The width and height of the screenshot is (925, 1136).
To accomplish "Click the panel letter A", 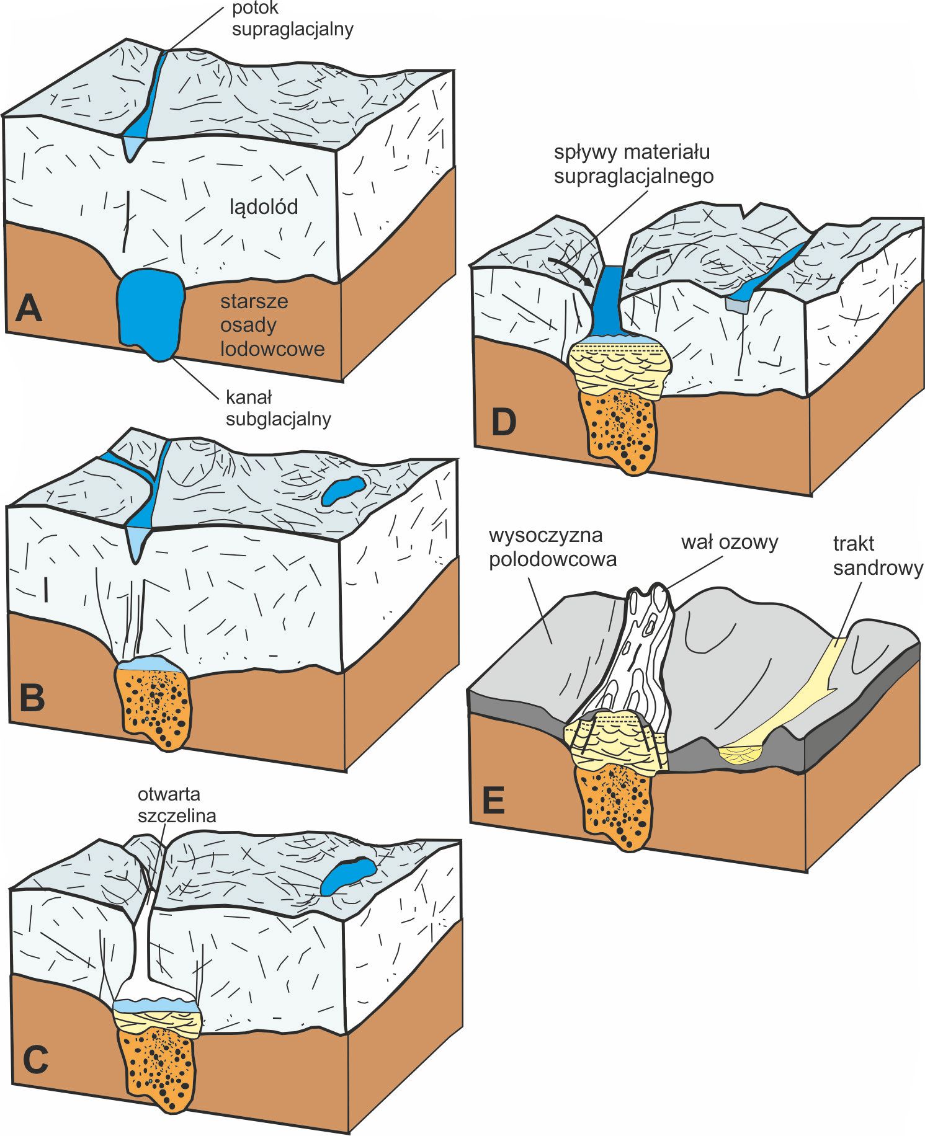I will (x=29, y=308).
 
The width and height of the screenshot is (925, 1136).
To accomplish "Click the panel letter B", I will (x=32, y=697).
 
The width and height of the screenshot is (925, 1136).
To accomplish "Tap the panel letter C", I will (x=35, y=1060).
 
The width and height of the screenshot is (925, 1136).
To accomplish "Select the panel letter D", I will (x=503, y=422).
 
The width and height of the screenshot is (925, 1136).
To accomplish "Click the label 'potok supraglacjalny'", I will (x=292, y=19).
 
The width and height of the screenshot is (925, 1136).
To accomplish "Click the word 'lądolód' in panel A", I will (x=264, y=206).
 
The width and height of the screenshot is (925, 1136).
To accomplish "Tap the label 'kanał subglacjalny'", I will (x=278, y=408).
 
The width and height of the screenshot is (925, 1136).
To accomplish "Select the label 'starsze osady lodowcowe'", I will (x=272, y=325).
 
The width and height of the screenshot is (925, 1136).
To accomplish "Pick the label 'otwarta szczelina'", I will (x=177, y=804).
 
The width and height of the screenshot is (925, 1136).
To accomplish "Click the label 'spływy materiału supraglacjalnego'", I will (x=633, y=164).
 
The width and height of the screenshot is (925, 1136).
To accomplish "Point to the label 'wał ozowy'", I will (x=729, y=543).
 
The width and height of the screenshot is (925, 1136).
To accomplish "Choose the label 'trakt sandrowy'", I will (x=877, y=556).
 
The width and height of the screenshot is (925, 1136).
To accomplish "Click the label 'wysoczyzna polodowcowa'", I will (x=552, y=547).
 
